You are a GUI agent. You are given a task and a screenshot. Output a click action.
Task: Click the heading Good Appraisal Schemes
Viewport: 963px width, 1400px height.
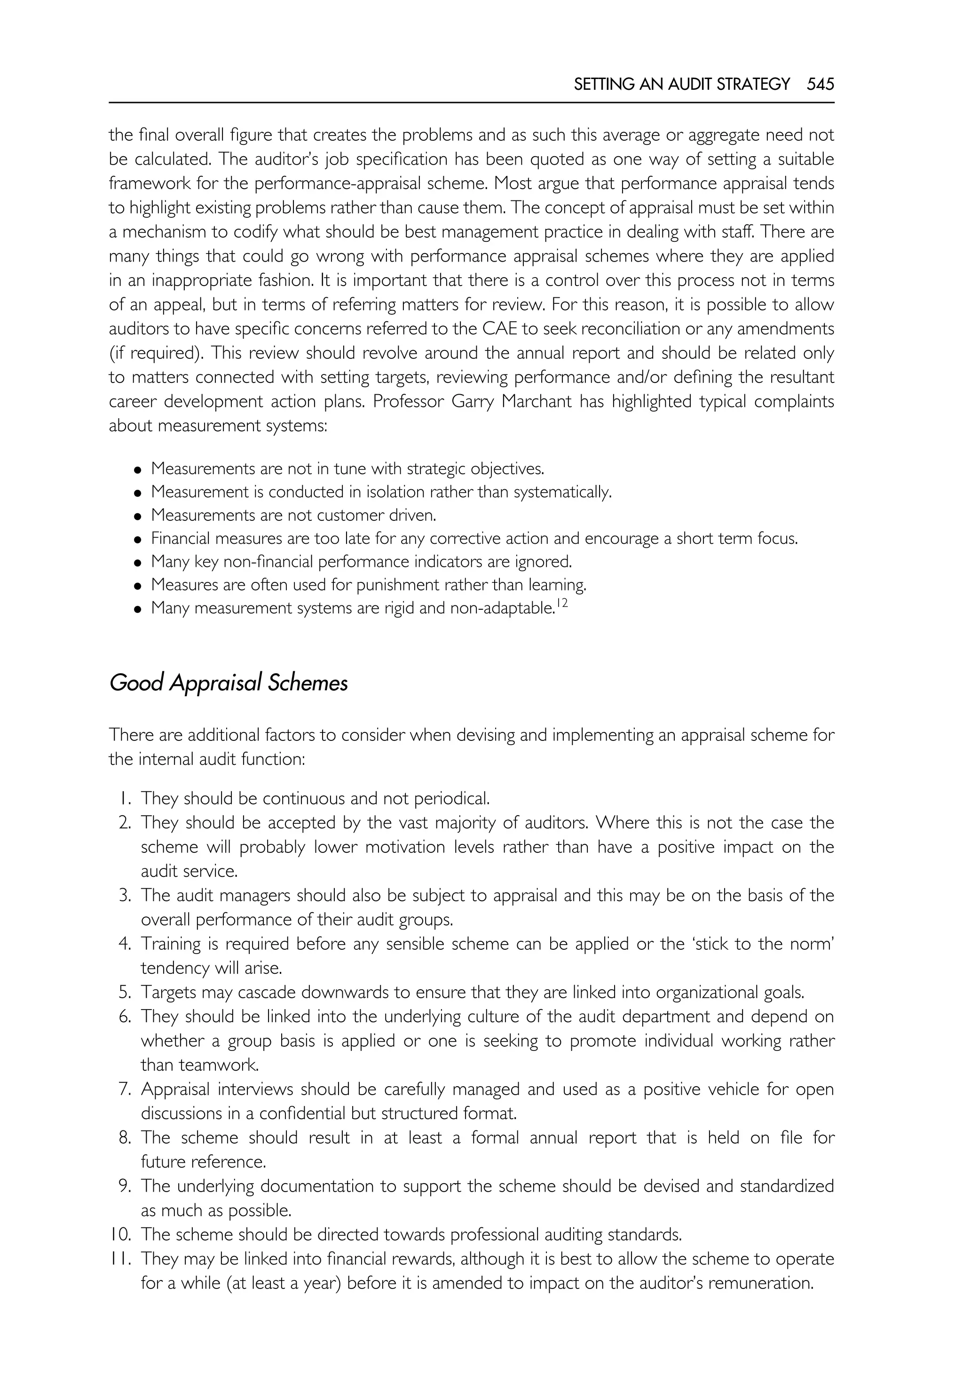click(x=228, y=683)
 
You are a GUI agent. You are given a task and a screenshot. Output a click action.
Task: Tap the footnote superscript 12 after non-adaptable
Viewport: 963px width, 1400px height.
click(x=562, y=603)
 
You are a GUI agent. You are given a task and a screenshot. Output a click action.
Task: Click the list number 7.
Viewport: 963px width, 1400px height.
click(x=125, y=1089)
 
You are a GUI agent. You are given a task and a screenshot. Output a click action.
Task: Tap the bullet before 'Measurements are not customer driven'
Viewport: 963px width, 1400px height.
click(x=138, y=516)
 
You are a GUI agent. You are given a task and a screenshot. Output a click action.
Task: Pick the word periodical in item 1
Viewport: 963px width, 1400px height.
click(x=451, y=799)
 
